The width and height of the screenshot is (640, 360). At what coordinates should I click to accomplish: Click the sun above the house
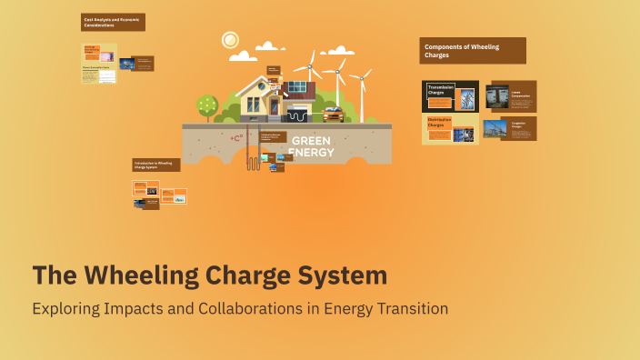click(x=229, y=40)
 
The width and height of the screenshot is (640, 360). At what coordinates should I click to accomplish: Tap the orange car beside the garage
click(x=333, y=115)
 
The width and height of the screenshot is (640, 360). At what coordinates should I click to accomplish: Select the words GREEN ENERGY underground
click(x=311, y=146)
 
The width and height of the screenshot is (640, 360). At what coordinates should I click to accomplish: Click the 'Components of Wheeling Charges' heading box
click(x=472, y=51)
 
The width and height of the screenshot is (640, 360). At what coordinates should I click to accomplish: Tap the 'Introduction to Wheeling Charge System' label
click(x=156, y=165)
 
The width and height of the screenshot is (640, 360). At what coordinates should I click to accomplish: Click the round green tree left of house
click(x=207, y=105)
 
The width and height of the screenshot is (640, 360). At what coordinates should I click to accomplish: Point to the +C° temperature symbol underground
click(x=236, y=138)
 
